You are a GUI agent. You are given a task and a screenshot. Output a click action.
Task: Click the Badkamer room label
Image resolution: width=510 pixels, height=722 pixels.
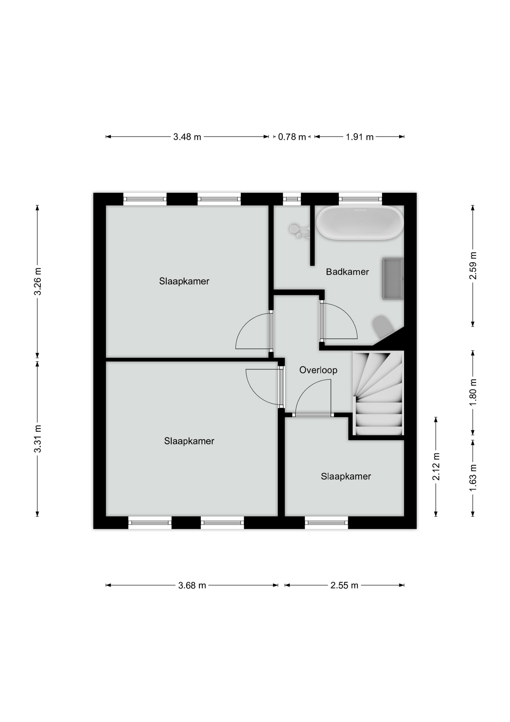click(x=347, y=272)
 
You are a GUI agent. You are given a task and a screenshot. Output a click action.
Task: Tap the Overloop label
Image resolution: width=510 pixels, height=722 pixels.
click(x=318, y=370)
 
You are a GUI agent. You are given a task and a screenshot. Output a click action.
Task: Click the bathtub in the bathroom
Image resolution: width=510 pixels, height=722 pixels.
click(x=360, y=223)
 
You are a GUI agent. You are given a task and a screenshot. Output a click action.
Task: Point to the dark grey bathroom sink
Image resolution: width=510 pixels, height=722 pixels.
click(x=392, y=278)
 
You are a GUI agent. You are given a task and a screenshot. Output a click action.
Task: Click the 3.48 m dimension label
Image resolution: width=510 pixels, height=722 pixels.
click(x=187, y=137)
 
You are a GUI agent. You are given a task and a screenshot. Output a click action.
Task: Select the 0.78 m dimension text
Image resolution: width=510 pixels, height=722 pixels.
click(x=292, y=137)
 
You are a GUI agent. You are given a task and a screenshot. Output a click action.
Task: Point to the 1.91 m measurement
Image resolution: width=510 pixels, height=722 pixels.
click(x=359, y=137)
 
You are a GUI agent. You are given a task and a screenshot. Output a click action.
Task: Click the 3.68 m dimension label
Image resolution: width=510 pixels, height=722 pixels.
click(x=192, y=585)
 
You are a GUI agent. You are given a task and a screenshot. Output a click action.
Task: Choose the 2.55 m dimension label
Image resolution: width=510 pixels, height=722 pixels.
click(x=344, y=585)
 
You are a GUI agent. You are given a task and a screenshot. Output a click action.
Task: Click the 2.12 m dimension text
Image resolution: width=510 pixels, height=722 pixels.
click(x=436, y=467)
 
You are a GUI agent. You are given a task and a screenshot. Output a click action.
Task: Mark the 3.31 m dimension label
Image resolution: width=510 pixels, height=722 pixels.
click(x=37, y=438)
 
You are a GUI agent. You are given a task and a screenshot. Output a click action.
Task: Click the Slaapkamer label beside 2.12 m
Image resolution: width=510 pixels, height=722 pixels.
click(x=346, y=476)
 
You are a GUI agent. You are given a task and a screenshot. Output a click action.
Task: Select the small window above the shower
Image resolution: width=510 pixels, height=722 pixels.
click(x=292, y=199)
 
